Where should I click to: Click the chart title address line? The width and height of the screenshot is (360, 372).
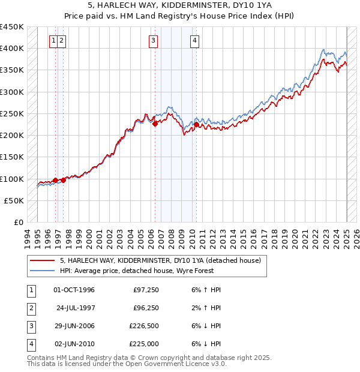pos(180,5)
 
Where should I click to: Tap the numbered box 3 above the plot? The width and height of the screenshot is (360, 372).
pos(154,41)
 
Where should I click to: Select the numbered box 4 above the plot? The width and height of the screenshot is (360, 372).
pos(195,41)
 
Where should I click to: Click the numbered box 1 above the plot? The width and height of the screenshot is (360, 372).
pos(54,41)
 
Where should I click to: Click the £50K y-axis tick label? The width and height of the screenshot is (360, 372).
pos(14,201)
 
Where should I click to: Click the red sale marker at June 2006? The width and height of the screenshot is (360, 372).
pos(155,124)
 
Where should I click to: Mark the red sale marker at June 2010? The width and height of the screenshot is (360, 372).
pos(196,125)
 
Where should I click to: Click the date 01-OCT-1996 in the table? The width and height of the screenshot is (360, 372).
pos(74,290)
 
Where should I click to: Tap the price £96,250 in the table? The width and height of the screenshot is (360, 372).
pos(146,308)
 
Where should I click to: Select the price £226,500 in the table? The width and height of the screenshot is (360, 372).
pos(144,326)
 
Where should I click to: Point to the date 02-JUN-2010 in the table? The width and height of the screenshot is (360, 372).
pos(74,344)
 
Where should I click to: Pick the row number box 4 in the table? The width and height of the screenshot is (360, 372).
pos(31,344)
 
